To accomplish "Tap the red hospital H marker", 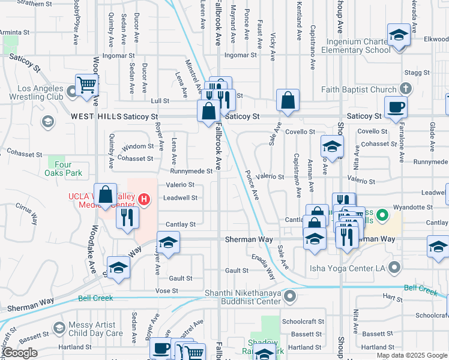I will (144, 199).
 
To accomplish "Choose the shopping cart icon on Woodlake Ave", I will (87, 85).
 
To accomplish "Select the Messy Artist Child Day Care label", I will (95, 329).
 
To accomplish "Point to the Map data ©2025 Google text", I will (411, 355).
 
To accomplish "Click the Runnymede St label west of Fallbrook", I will (191, 171).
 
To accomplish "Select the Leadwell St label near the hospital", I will (180, 198).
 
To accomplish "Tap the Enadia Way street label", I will (263, 267).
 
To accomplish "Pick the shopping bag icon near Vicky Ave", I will (288, 101).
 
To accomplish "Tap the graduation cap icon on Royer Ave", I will (169, 243).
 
